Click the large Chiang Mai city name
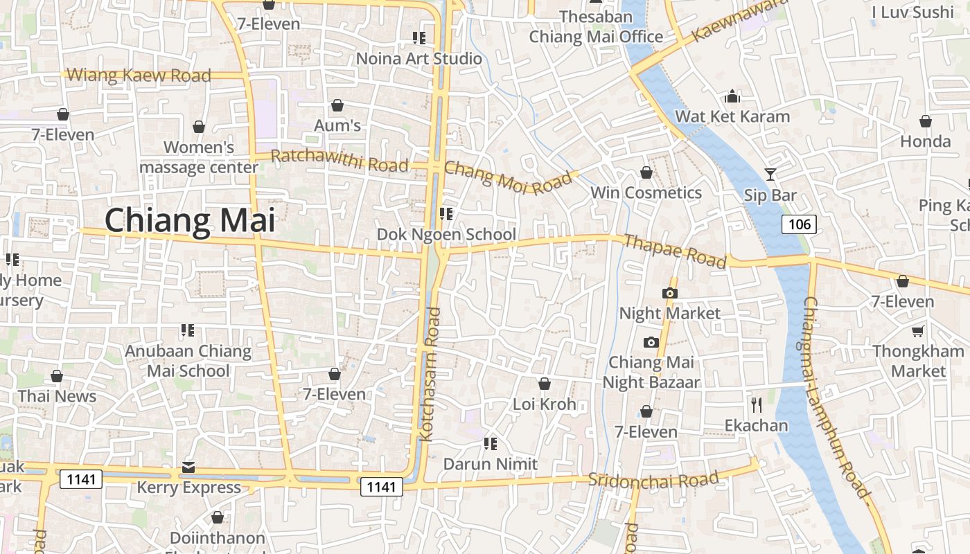[x=190, y=220]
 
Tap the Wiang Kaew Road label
[x=139, y=75]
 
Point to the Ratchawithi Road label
[x=339, y=161]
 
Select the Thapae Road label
[x=675, y=251]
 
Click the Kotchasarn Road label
[x=431, y=375]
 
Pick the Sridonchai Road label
[x=653, y=480]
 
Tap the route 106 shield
[x=799, y=224]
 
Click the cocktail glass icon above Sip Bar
[x=770, y=174]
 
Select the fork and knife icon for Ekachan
[x=756, y=404]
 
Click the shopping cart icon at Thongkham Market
[x=918, y=331]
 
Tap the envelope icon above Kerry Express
[x=188, y=467]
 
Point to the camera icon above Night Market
[x=669, y=293]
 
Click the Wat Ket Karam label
[x=732, y=116]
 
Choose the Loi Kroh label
[x=544, y=404]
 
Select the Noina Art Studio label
[x=418, y=58]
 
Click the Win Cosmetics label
[x=646, y=193]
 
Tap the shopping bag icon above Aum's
[x=337, y=105]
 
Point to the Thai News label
[x=57, y=396]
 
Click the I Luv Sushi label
[x=912, y=12]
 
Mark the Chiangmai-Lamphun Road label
[x=834, y=397]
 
